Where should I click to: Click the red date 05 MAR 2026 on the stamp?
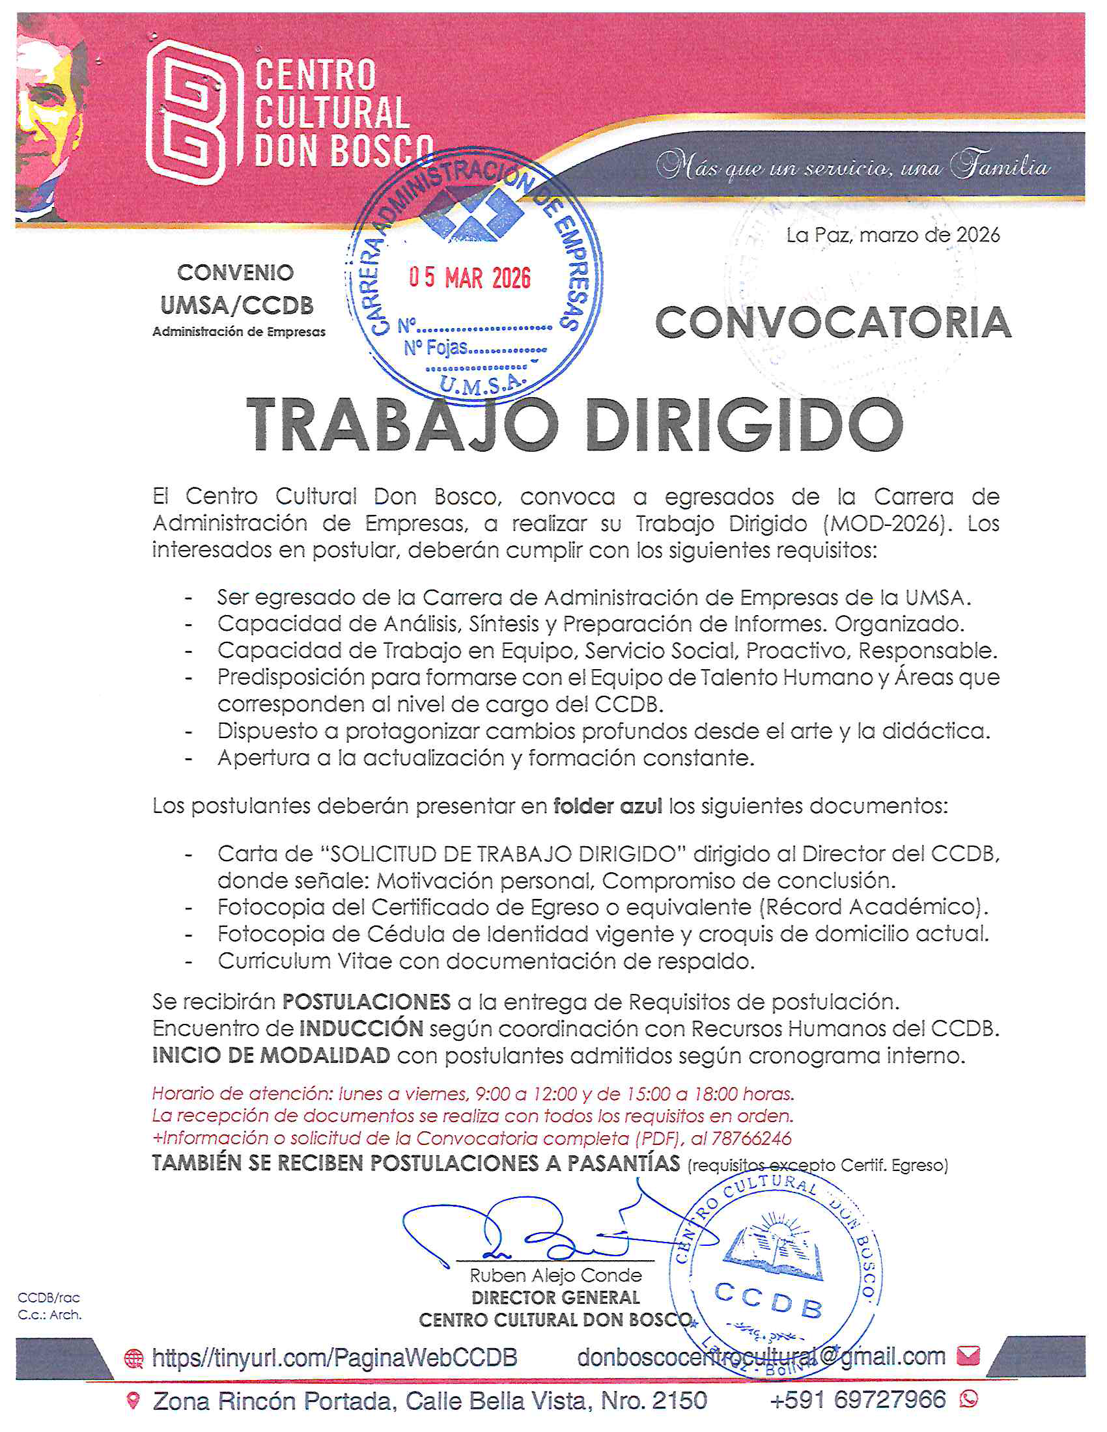469,277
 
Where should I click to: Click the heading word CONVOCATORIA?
833,323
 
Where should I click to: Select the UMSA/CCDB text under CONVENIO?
237,305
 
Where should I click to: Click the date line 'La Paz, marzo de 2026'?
893,235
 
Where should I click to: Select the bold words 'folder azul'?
608,806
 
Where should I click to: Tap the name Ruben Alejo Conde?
555,1275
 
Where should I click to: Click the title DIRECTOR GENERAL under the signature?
555,1297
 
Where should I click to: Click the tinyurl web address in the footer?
334,1356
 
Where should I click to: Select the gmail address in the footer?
761,1356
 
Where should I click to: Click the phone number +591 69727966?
858,1399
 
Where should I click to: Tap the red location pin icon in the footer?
133,1401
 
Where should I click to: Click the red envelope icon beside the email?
968,1355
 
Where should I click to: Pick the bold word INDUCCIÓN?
361,1028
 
